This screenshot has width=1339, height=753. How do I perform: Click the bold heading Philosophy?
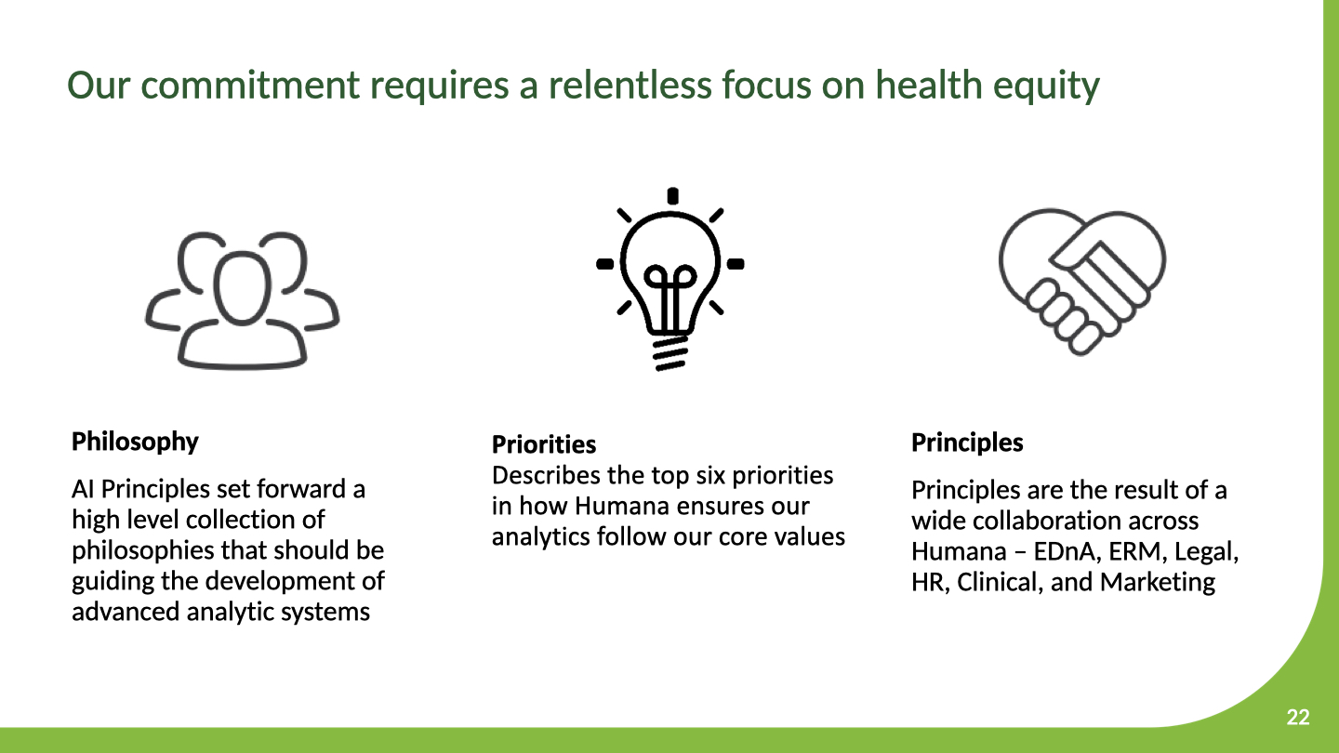click(135, 443)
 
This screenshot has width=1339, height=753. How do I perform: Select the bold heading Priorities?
click(544, 444)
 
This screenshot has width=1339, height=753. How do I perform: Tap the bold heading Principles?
click(967, 443)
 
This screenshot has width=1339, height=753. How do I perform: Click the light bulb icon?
click(670, 279)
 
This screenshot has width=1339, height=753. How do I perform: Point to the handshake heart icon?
click(1082, 282)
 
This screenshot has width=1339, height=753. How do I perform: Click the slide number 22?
click(1298, 717)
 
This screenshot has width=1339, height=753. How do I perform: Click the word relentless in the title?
click(630, 85)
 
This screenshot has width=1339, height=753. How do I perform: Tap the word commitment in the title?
click(250, 85)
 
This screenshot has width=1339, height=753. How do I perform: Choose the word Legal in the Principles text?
click(1206, 551)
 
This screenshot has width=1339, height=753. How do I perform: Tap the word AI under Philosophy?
click(83, 489)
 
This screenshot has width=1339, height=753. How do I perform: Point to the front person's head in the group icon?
click(242, 287)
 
